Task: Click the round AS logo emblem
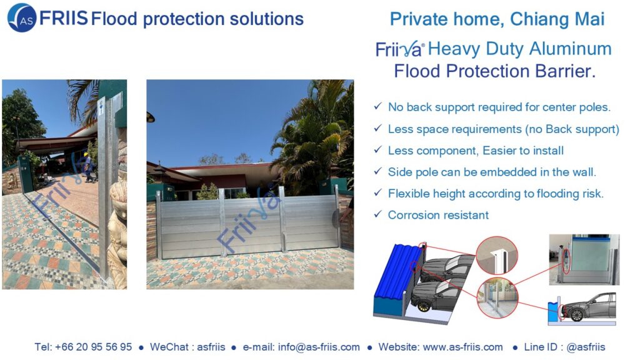(x=22, y=18)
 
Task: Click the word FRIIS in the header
(x=63, y=18)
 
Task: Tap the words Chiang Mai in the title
(x=557, y=19)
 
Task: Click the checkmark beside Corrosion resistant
(x=377, y=214)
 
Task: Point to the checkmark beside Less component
(x=377, y=149)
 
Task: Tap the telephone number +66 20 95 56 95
(x=94, y=347)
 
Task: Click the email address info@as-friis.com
(x=319, y=347)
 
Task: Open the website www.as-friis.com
(x=463, y=347)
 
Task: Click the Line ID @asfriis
(x=586, y=347)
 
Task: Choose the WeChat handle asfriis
(x=211, y=347)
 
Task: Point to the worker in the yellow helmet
(x=87, y=167)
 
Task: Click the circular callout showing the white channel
(x=497, y=256)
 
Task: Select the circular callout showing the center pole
(x=497, y=297)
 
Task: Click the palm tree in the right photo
(x=314, y=135)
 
